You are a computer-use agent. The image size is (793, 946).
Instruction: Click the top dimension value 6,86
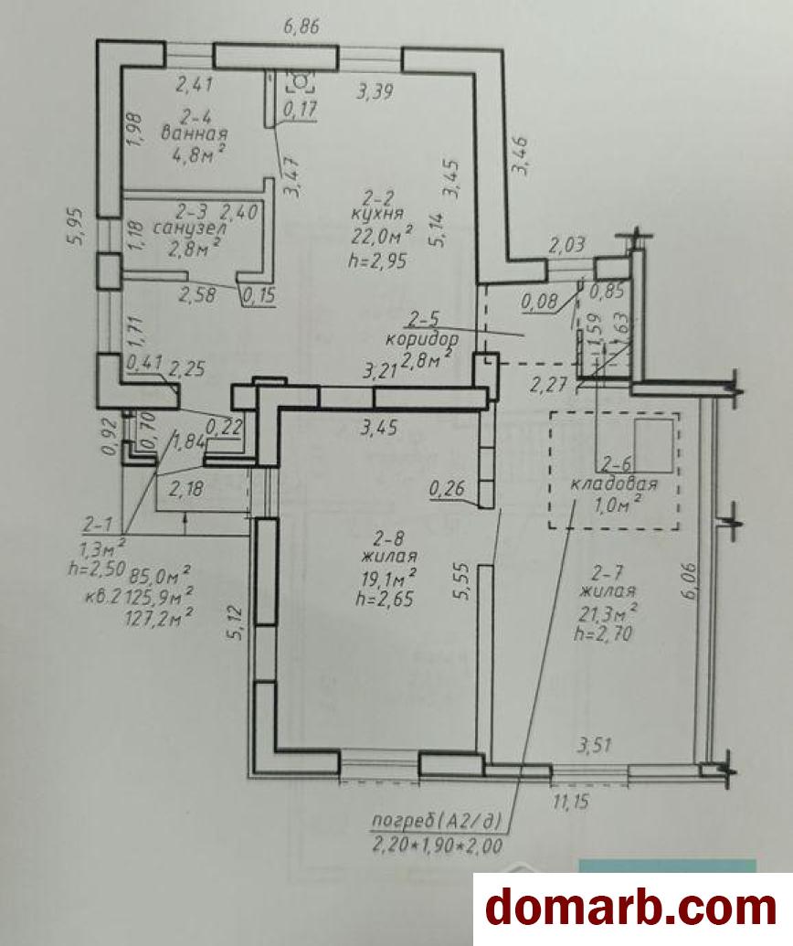pos(301,27)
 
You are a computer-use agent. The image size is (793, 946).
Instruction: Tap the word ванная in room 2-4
pos(195,133)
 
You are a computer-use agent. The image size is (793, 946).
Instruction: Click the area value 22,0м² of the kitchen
pos(382,235)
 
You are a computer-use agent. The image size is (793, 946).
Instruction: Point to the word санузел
pos(190,229)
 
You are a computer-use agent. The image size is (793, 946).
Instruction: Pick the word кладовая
pos(613,484)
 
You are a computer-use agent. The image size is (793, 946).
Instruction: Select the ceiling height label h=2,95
pos(377,260)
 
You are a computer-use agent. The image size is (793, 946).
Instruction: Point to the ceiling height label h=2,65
pos(384,599)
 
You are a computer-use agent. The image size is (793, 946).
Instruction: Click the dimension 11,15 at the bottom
pos(570,802)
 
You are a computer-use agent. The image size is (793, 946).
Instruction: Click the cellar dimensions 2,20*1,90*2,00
pos(438,845)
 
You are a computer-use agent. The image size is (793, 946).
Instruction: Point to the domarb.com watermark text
pos(630,908)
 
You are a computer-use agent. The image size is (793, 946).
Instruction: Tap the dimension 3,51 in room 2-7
pos(594,746)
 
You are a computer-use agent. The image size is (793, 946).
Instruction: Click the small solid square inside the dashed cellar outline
pos(654,446)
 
